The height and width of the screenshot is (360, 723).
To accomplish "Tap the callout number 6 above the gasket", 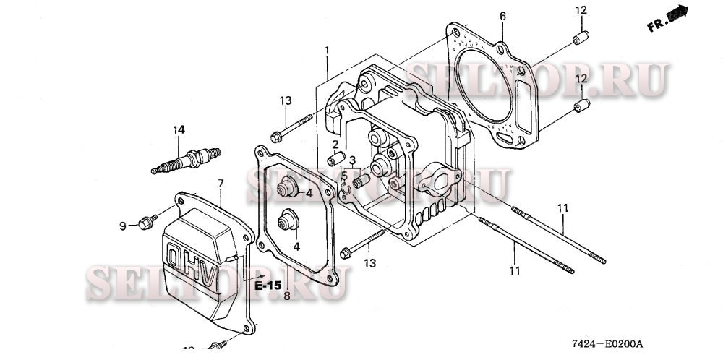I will tap(502, 17).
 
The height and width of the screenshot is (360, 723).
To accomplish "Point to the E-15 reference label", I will tap(268, 286).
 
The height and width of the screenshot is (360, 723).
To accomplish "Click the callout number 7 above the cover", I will tap(221, 183).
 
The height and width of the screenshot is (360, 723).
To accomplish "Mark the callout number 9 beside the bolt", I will tap(123, 226).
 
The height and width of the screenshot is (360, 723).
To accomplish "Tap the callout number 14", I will tap(179, 130).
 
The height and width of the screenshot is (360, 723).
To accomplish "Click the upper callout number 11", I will tap(563, 208).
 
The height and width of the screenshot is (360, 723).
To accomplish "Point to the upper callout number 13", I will tap(286, 100).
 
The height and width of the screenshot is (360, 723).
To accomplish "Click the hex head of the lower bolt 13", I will tap(346, 253).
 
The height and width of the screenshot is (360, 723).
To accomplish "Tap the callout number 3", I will tap(352, 160).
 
